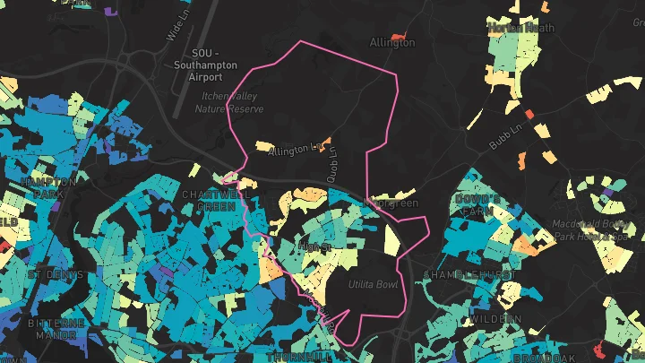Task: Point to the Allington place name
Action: (x=391, y=42)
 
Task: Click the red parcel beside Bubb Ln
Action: (x=529, y=114)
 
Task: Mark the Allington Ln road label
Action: (x=294, y=148)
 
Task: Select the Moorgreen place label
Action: (x=394, y=203)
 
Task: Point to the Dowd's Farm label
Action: (x=477, y=204)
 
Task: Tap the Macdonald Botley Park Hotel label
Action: (x=590, y=230)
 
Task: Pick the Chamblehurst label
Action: (x=469, y=272)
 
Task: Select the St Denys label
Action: (x=56, y=273)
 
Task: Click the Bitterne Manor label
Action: (x=56, y=328)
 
